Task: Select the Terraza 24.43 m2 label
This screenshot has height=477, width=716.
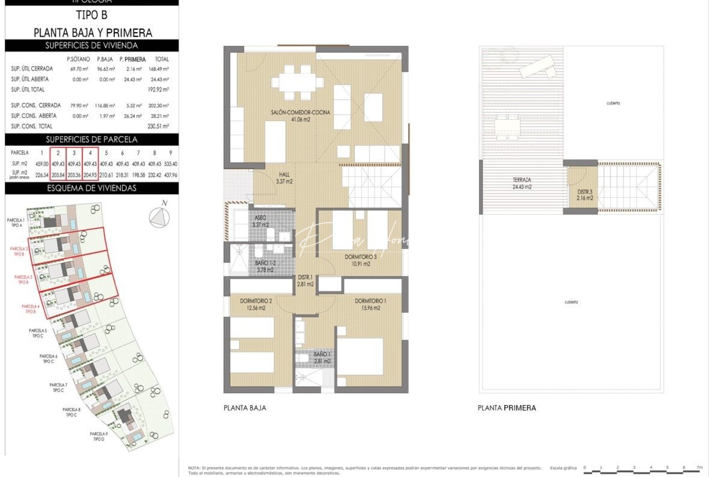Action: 522,183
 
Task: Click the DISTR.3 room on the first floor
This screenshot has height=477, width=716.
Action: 585,195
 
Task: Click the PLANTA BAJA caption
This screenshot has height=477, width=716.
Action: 245,408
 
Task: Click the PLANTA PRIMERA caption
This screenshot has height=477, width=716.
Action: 507,408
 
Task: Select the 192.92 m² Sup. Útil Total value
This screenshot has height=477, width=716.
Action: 158,90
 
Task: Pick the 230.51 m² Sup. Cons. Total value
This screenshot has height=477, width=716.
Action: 158,126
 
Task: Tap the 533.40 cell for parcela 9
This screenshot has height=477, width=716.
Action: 170,164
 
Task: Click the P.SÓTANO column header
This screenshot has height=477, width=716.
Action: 78,59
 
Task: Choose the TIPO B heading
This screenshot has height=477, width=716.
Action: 91,15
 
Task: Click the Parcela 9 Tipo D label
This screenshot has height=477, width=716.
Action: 99,436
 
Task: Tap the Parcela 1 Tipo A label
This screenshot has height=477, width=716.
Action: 16,223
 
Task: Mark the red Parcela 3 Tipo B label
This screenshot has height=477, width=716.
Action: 23,280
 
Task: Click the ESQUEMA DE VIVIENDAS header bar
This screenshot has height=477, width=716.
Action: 91,188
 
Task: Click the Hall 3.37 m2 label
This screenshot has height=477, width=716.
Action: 284,178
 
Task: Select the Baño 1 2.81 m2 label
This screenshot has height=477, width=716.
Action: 322,358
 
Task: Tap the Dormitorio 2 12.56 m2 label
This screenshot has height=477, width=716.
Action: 256,304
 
